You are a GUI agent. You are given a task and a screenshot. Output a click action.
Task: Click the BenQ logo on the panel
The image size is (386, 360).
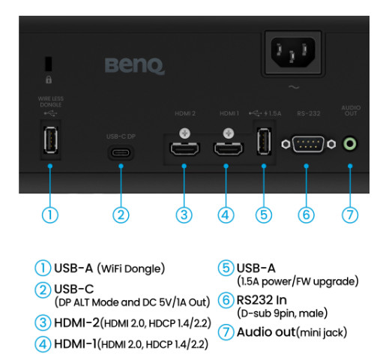135,66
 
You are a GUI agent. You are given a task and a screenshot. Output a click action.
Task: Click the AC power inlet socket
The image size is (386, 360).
293,52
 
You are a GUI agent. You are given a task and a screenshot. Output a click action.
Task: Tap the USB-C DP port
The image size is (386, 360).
121,152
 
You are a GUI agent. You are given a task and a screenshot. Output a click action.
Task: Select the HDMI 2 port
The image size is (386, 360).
184,148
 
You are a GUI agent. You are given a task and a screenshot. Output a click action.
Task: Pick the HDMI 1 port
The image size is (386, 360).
228,148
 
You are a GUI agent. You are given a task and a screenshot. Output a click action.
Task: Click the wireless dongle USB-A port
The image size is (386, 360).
51,139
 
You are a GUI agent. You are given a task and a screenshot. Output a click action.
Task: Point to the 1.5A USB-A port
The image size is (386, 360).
264,141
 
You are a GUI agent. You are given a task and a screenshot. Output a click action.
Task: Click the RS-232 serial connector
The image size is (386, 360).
308,144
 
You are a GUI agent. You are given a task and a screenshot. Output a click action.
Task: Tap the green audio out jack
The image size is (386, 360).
350,144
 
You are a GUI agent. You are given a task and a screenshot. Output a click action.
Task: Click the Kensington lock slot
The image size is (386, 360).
49,64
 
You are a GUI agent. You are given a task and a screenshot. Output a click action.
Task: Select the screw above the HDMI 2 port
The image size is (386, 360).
184,133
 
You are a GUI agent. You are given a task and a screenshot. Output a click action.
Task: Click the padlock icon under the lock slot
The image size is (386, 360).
49,79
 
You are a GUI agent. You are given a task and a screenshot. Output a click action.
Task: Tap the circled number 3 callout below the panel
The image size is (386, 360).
184,215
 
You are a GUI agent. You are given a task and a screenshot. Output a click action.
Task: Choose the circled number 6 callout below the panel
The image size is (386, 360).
307,215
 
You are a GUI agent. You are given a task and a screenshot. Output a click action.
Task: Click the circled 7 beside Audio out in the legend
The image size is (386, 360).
226,332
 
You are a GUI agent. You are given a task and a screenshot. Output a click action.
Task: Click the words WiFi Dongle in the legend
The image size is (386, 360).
131,268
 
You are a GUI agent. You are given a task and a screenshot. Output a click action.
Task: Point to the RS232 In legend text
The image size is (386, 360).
262,300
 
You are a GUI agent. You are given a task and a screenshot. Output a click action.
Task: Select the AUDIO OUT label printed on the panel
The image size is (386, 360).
351,110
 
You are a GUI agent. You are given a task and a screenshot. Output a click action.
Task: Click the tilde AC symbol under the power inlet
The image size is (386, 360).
294,87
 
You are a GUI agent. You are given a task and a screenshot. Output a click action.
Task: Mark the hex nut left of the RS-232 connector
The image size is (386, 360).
286,144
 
